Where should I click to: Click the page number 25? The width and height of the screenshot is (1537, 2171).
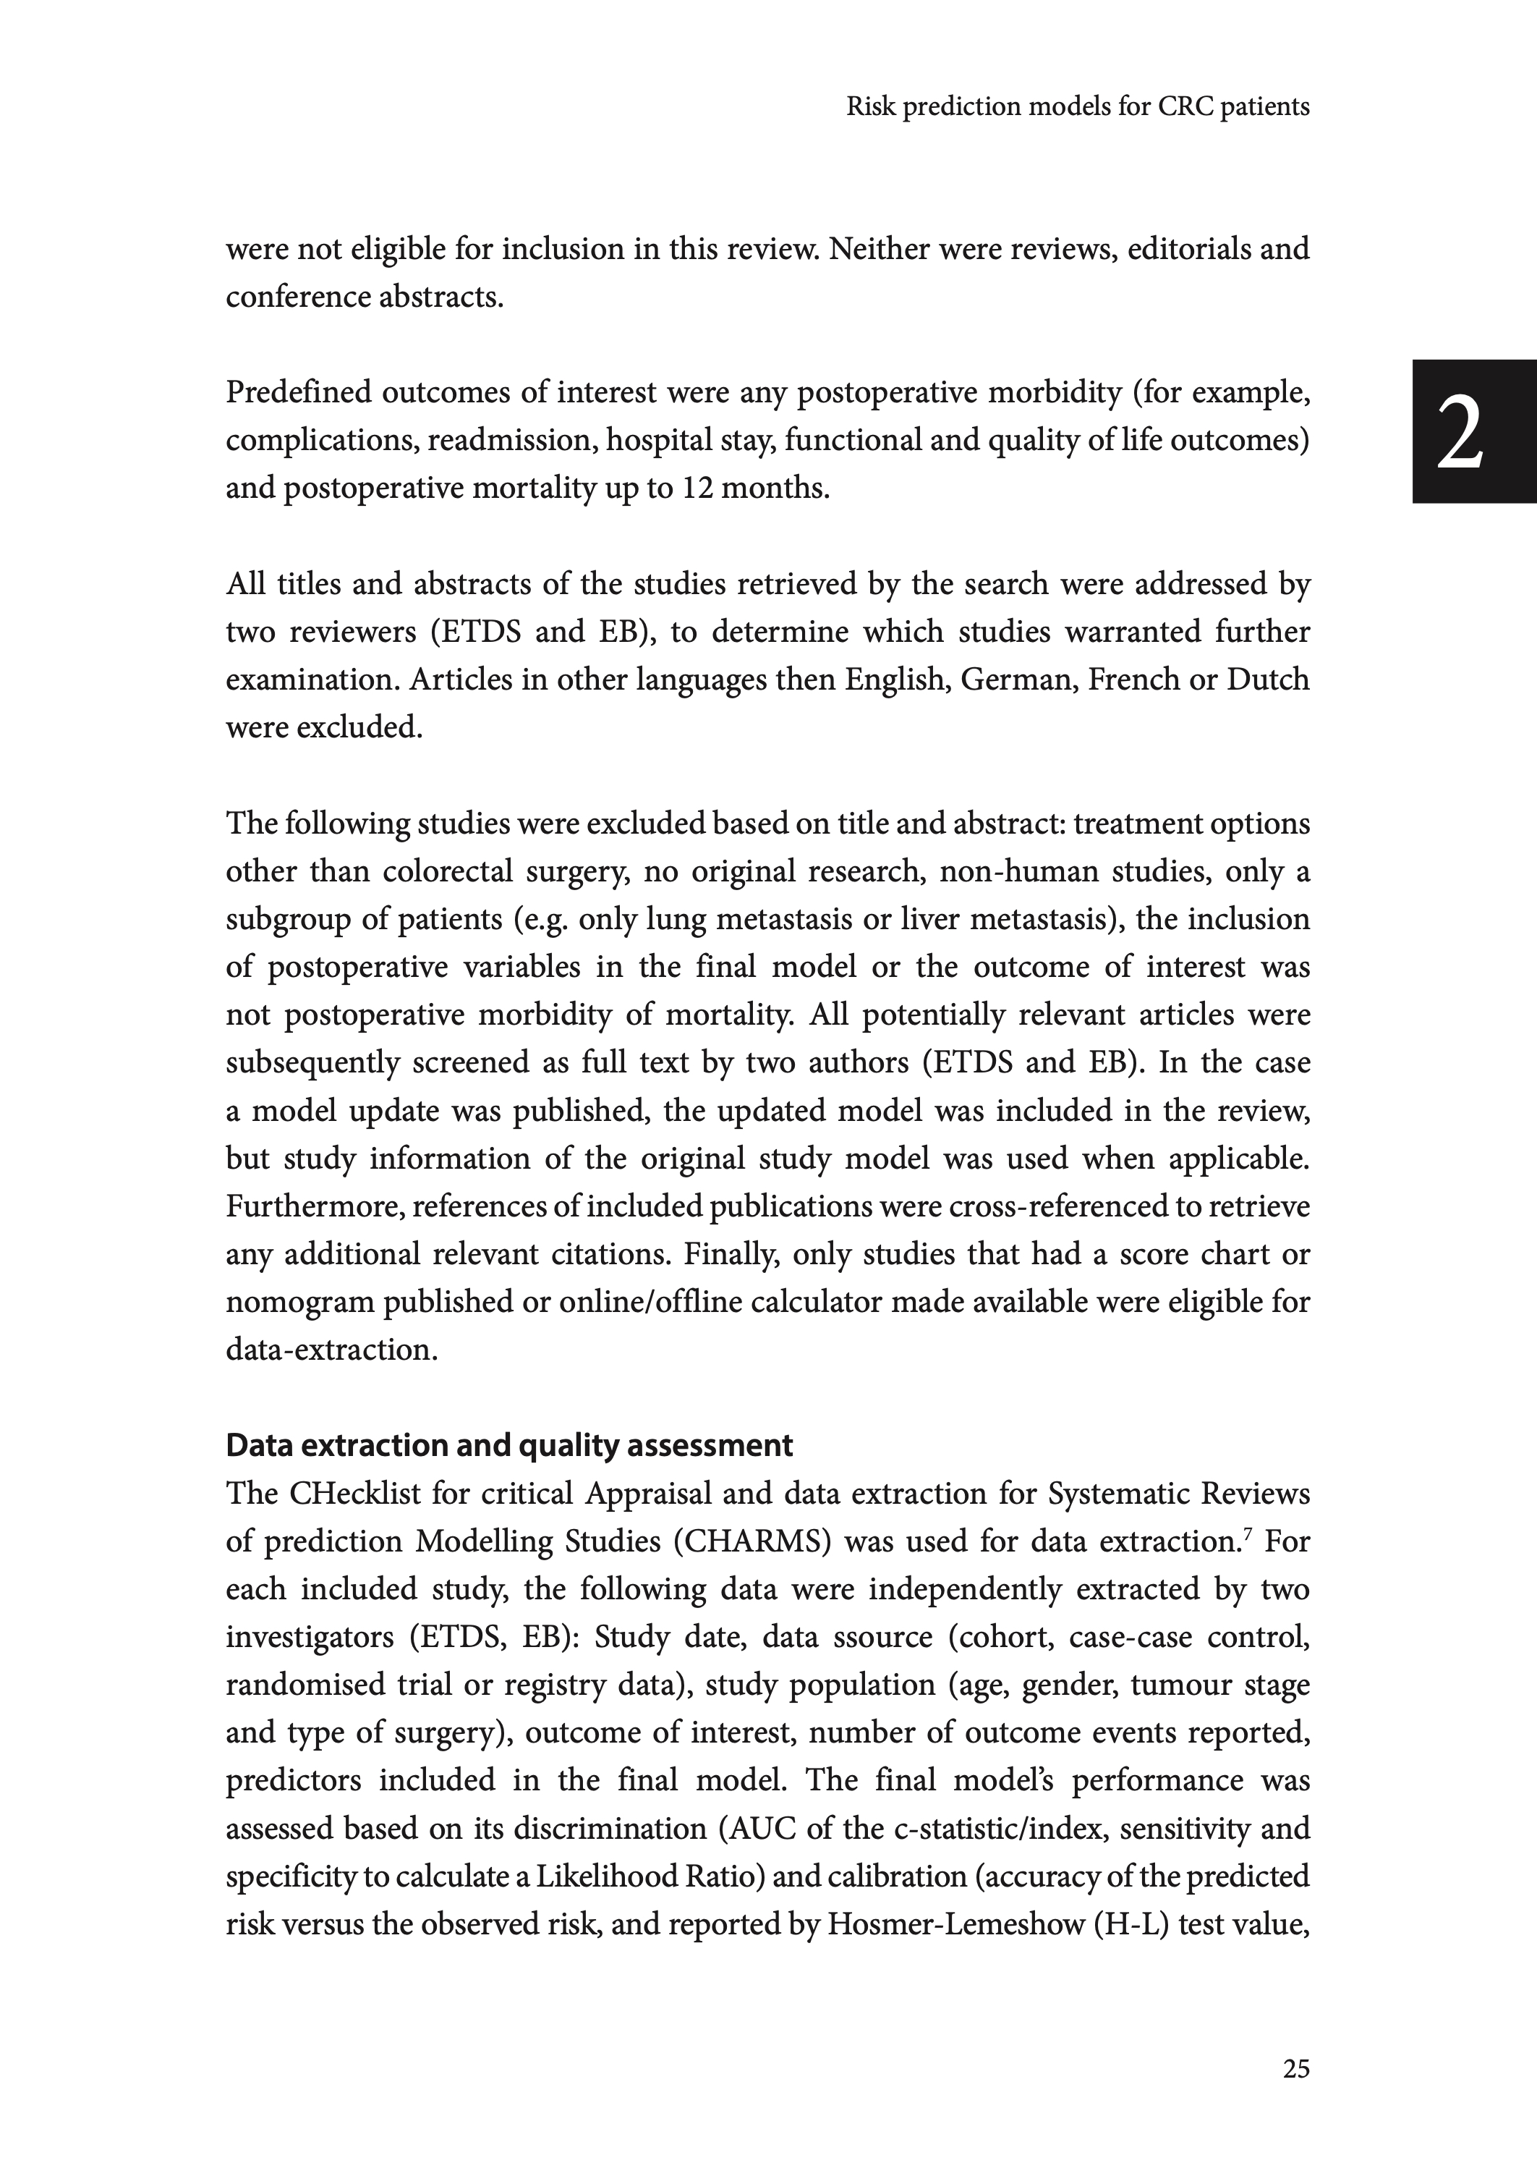point(1295,2070)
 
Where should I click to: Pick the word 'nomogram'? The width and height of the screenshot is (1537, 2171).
point(300,1303)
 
